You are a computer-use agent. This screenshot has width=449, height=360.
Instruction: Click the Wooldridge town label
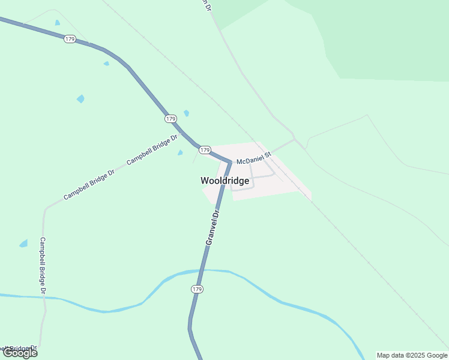[x=224, y=181]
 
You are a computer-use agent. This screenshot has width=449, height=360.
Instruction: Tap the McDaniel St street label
[x=254, y=161]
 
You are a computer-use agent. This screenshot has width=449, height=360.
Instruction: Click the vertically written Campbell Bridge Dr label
[x=43, y=265]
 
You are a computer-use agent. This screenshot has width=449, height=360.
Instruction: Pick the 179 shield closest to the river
[x=197, y=289]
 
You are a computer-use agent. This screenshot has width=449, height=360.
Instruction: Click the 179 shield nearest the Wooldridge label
[x=205, y=149]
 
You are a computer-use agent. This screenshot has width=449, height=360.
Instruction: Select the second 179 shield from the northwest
[x=170, y=119]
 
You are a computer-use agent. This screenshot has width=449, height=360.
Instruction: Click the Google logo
[x=19, y=353]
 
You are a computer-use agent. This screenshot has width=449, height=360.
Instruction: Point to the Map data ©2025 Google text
[x=412, y=355]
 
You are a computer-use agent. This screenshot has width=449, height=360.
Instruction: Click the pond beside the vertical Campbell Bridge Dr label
[x=23, y=244]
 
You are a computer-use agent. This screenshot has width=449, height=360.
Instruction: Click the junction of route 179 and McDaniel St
[x=229, y=161]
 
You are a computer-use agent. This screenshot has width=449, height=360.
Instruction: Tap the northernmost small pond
[x=57, y=23]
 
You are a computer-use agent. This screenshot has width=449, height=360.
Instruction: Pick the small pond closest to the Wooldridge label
[x=180, y=152]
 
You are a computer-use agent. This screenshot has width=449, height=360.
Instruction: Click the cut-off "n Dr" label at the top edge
[x=207, y=5]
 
